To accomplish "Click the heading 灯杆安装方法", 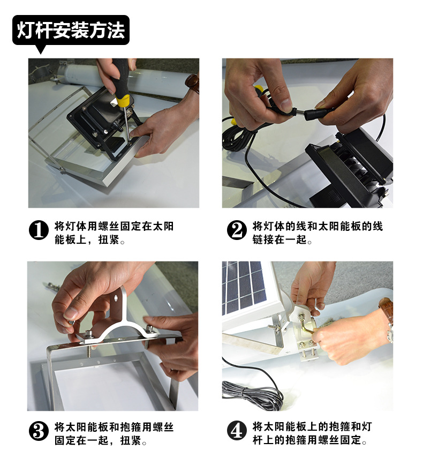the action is tap(71, 30).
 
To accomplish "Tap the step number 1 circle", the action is tap(39, 230).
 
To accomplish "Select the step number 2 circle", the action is tap(237, 230).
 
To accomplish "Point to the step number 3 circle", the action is tap(39, 431).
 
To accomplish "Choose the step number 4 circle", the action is tap(237, 431).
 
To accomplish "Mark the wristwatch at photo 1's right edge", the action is tap(192, 83).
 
